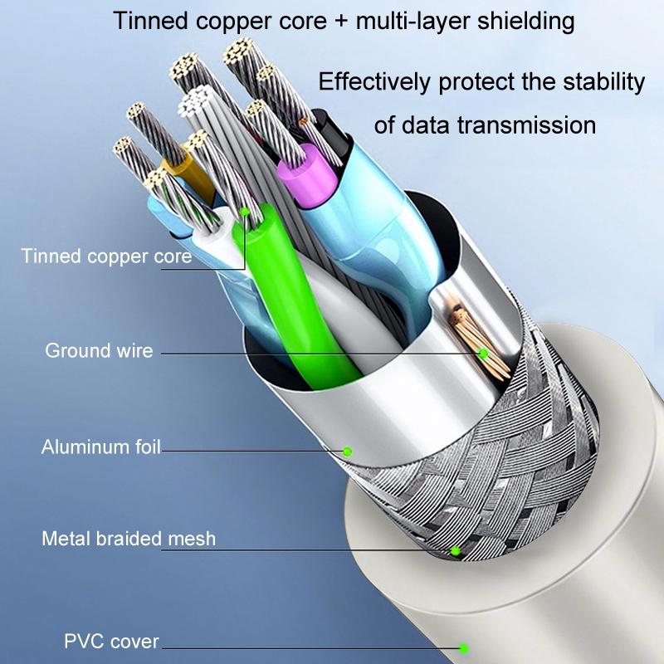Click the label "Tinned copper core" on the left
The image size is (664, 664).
tap(106, 255)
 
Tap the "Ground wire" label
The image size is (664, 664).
tap(99, 350)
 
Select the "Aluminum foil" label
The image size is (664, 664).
tap(100, 448)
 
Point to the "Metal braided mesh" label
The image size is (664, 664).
tap(129, 539)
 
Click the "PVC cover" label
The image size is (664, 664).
tap(111, 642)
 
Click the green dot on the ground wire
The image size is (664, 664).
tap(482, 354)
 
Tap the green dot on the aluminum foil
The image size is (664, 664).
tap(348, 451)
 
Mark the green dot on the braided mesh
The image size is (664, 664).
tap(455, 550)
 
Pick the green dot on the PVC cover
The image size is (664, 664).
tap(464, 647)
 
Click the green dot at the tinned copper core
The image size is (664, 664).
tap(246, 212)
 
